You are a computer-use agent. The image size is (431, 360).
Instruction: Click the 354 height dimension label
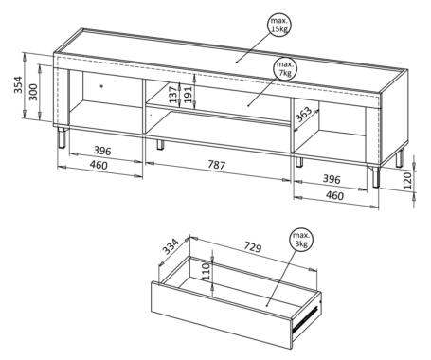tap(18, 84)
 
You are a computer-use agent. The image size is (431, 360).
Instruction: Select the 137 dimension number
tap(173, 95)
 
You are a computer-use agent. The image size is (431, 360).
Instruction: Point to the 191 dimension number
tap(188, 95)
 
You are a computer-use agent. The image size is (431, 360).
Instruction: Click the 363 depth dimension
tap(303, 115)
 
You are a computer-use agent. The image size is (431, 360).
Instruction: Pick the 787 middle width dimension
tap(216, 165)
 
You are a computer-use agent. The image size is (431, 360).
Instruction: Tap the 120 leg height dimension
tap(408, 180)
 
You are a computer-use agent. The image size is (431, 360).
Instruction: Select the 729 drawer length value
tap(253, 247)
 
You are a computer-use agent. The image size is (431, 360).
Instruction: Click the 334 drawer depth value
tap(171, 246)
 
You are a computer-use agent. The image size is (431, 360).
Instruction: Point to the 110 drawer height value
tap(206, 271)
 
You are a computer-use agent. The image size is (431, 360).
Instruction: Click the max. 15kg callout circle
tap(278, 25)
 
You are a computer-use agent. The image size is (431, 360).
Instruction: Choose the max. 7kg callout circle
tap(285, 69)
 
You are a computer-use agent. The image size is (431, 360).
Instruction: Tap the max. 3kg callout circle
tap(301, 240)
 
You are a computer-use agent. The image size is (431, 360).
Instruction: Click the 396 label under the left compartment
tap(102, 151)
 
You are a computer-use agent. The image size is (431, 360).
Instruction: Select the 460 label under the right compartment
tap(334, 195)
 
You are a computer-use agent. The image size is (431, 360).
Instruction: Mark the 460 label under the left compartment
tap(99, 165)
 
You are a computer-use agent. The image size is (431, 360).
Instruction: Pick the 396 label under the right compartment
tap(332, 179)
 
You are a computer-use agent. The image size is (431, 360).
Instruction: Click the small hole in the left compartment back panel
tap(101, 85)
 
